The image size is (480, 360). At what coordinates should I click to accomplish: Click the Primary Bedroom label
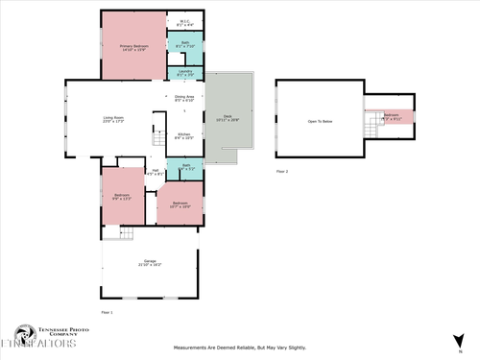[x=133, y=47]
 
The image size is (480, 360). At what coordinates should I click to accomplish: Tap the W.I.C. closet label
[x=185, y=23]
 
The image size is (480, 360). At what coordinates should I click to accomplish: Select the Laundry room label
[x=185, y=72]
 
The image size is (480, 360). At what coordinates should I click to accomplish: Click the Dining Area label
[x=184, y=98]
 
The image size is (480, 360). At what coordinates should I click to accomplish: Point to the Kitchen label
[x=184, y=136]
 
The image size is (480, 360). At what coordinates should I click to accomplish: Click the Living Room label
[x=113, y=120]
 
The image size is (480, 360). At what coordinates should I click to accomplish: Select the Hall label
[x=153, y=173]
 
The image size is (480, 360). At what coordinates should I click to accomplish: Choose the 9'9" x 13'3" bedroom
[x=122, y=196]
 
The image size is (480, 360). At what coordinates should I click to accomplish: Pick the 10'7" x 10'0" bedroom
[x=180, y=204]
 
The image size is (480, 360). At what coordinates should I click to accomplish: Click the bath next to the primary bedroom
[x=185, y=44]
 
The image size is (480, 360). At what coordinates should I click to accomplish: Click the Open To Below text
[x=320, y=122]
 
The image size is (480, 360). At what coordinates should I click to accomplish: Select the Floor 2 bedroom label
[x=392, y=115]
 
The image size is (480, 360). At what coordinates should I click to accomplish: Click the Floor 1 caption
[x=107, y=312]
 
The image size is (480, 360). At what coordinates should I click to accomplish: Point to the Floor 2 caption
[x=282, y=170]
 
